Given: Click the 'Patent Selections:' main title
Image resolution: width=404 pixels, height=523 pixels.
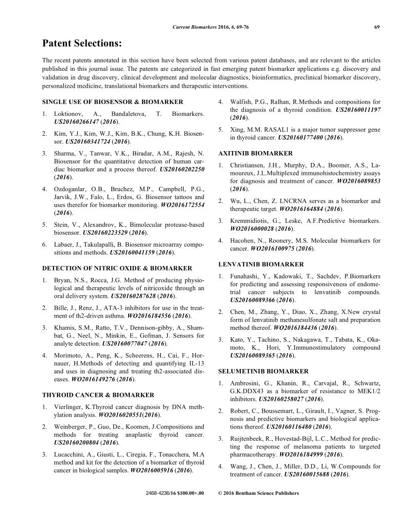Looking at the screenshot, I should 82,44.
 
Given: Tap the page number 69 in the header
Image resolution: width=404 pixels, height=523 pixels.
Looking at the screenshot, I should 377,27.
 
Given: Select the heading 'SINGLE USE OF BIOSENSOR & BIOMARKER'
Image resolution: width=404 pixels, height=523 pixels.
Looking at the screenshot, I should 112,102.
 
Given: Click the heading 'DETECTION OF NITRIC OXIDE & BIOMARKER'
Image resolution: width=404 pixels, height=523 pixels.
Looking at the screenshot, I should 117,268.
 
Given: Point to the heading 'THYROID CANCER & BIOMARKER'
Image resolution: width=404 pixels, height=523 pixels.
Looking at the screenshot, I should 98,395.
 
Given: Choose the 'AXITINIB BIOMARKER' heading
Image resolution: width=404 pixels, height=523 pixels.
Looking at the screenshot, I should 255,154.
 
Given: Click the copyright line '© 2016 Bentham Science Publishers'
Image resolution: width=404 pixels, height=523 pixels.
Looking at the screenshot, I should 258,493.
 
